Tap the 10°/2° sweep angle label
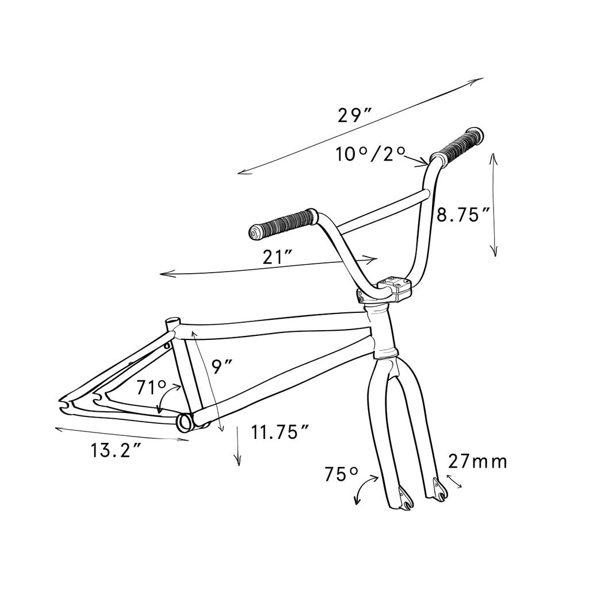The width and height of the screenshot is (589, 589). click(370, 154)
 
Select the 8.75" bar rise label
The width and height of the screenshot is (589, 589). click(463, 215)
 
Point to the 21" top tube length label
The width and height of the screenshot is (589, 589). click(278, 257)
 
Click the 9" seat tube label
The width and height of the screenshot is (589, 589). click(221, 366)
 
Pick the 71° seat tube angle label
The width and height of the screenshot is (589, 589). click(151, 387)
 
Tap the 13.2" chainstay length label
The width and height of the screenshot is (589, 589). click(116, 450)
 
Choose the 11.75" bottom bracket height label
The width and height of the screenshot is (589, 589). click(281, 432)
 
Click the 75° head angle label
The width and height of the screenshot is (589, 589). click(341, 475)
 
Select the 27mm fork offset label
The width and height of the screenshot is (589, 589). click(478, 461)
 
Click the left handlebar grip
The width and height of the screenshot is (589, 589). click(282, 223)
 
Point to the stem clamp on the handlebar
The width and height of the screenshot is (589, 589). click(396, 287)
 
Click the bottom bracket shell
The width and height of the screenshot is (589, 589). click(186, 422)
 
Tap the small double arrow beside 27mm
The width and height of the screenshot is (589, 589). click(454, 482)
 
